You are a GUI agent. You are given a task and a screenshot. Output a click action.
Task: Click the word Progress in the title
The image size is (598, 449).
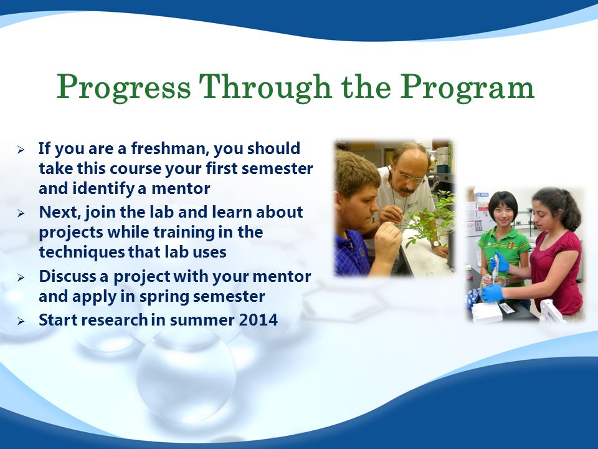click(123, 88)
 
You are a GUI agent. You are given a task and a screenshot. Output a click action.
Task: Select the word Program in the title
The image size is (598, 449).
click(467, 88)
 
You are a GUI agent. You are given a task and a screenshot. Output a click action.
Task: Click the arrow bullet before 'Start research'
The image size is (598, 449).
click(21, 321)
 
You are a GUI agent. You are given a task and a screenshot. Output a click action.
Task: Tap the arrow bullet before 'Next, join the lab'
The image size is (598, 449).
click(21, 213)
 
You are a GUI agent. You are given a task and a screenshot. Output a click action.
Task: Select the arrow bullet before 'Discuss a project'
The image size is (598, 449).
click(21, 278)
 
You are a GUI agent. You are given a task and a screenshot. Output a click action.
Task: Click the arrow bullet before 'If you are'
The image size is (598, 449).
click(21, 150)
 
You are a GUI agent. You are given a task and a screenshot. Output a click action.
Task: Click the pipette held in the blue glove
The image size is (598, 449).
click(495, 268)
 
